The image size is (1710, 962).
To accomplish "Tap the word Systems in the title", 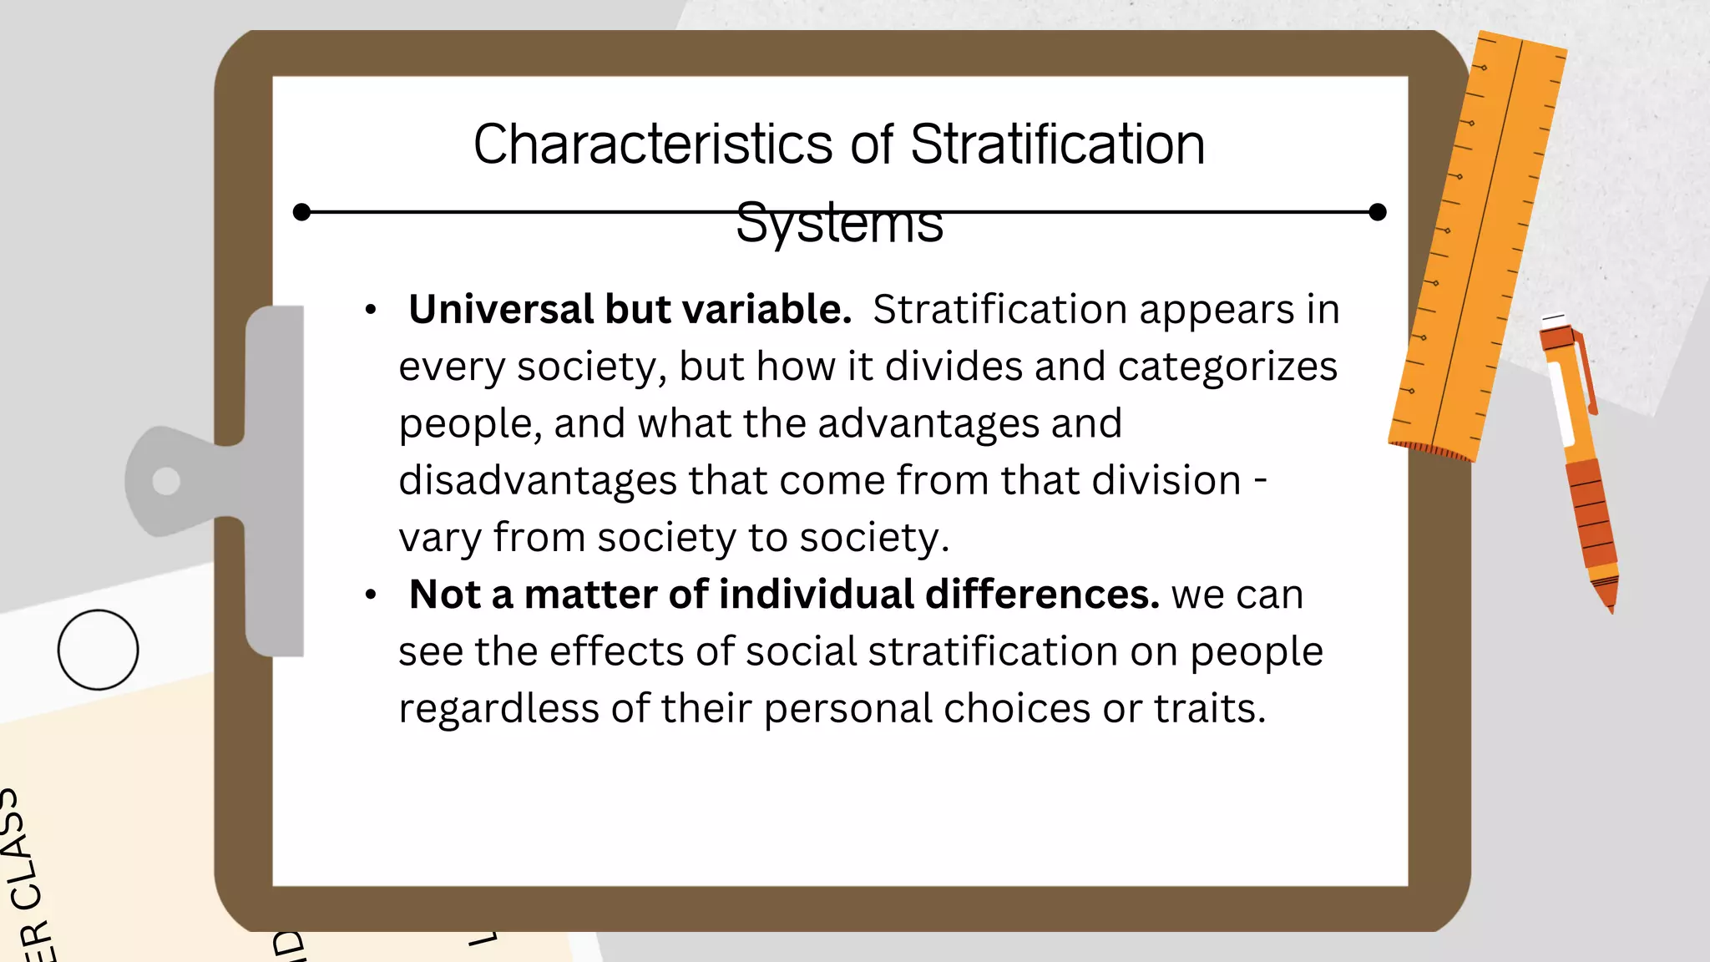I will (839, 224).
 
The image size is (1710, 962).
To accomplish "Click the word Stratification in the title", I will (1057, 144).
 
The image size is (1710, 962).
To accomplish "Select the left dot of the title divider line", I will (302, 212).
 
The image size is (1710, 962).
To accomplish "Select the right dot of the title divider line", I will (1378, 212).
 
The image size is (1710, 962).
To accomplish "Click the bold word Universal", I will (500, 310).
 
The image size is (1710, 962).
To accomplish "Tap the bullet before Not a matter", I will (371, 595).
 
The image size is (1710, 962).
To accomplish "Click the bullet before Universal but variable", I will (371, 311).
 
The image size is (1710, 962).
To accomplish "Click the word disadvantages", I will (537, 481).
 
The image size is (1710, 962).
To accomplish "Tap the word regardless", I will (498, 709).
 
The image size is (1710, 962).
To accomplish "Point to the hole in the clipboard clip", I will (166, 481).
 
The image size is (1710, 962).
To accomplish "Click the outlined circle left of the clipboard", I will (98, 650).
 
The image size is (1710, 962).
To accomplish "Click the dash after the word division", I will (1261, 481).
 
